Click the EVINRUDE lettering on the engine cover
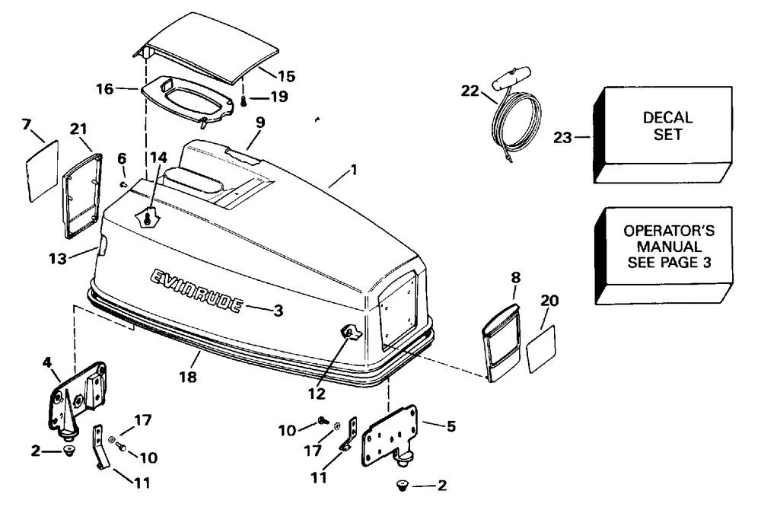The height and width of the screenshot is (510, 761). coord(196,291)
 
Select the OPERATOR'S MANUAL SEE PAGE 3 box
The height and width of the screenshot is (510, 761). coord(662,246)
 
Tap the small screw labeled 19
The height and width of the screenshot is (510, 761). coord(243,100)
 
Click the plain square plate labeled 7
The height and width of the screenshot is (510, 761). coord(43,171)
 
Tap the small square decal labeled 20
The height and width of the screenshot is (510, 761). coord(542,348)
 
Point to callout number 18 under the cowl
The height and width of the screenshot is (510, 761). coord(187,377)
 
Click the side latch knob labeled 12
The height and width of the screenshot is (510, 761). coord(350,332)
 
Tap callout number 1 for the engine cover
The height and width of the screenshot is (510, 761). coord(354,170)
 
